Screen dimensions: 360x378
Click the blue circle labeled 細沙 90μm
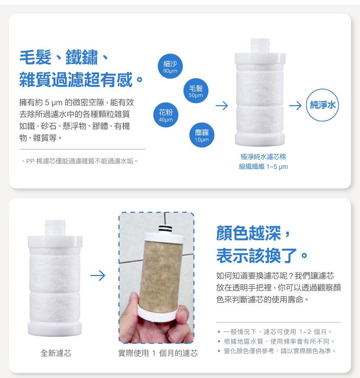(170, 66)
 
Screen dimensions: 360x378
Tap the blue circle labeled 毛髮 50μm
(195, 91)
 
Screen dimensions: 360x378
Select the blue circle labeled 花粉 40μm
(166, 115)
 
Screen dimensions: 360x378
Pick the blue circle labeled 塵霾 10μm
(202, 135)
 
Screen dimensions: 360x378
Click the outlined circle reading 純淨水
(323, 105)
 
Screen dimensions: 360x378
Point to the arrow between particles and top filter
(222, 105)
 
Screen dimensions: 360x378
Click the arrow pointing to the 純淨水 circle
(295, 105)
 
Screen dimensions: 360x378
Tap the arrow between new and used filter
(98, 275)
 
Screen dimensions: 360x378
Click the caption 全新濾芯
(56, 353)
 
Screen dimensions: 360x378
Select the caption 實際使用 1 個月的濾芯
(158, 353)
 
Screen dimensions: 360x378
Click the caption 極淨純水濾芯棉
(263, 157)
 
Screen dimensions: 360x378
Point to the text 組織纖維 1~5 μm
(263, 167)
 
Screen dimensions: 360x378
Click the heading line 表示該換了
(262, 256)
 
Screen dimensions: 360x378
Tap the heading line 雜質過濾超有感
(81, 79)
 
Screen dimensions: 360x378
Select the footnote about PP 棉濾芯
(80, 161)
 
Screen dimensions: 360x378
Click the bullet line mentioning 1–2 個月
(275, 332)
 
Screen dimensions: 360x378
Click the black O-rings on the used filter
(165, 228)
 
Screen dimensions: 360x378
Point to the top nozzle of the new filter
(55, 228)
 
